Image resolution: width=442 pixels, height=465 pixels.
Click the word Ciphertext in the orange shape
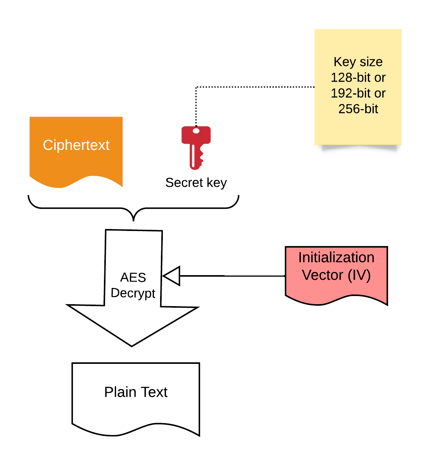pos(76,145)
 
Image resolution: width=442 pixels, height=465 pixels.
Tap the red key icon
pos(196,147)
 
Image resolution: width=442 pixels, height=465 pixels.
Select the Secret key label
pos(196,183)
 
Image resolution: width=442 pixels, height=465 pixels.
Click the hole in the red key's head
pos(196,131)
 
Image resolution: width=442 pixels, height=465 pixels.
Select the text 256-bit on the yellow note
pos(358,109)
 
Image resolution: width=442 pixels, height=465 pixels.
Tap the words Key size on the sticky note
pos(358,62)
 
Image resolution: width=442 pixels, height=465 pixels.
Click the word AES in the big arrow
pos(133,277)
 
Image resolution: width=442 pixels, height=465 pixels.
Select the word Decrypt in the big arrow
pos(133,293)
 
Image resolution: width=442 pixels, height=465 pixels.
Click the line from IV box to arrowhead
pos(233,276)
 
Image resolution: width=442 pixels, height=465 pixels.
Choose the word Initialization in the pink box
pos(336,258)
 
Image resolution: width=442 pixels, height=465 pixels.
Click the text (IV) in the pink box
pos(359,275)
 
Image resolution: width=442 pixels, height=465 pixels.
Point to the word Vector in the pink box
pos(323,275)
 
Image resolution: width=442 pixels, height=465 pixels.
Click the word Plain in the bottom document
pos(120,392)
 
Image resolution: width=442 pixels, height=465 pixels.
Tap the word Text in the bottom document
pos(154,392)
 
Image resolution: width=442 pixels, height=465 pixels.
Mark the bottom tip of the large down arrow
pos(132,345)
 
